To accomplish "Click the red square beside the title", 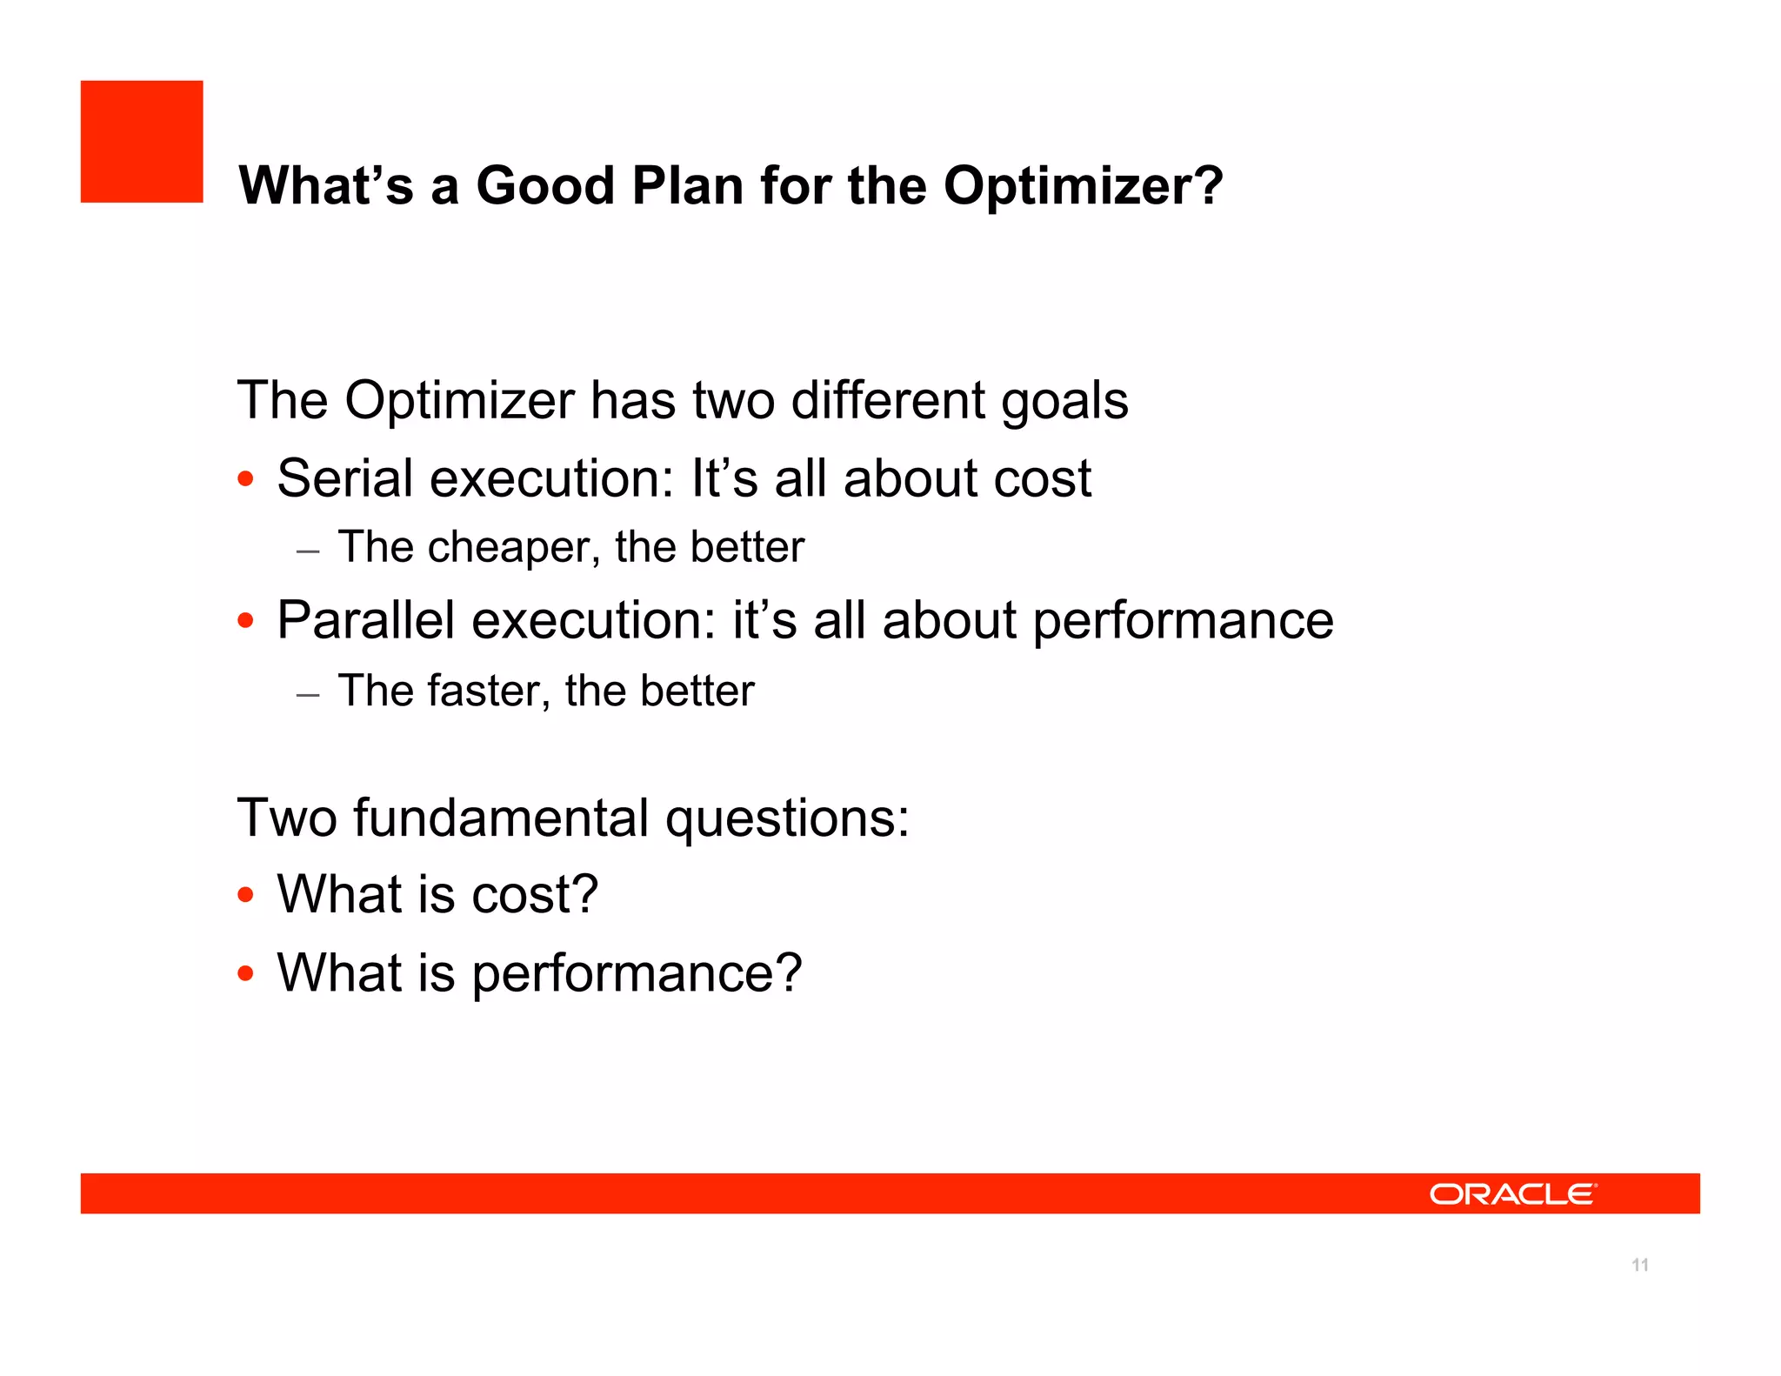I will coord(142,142).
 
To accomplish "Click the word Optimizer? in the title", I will coord(1083,186).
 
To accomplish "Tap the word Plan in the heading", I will coord(687,186).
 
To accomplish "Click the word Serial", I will coord(345,478).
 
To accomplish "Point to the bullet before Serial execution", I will coord(246,479).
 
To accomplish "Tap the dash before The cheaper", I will coord(308,551).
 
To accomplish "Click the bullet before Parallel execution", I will coord(246,621).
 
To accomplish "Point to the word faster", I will coord(489,691).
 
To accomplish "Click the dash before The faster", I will coord(308,695).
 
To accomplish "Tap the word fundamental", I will coord(501,818).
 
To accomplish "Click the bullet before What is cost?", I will coord(246,895).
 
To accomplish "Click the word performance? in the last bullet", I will coord(637,973).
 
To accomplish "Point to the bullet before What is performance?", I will coord(246,973).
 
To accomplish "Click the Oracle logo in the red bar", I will coord(1512,1194).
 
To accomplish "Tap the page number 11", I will coord(1640,1265).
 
